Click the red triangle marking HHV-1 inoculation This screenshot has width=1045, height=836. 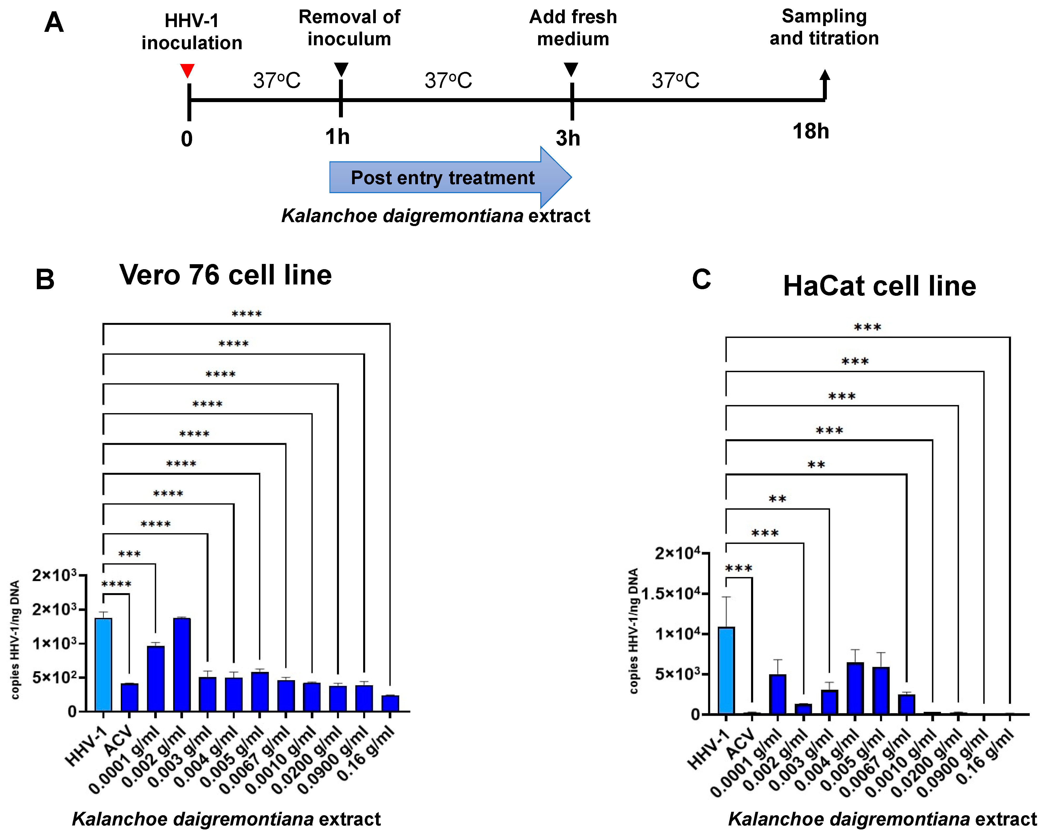pos(187,70)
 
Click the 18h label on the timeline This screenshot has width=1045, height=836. pos(811,131)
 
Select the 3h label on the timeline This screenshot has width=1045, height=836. pos(568,139)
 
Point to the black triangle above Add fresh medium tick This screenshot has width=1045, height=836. pos(571,69)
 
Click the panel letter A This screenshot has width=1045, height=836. pos(54,23)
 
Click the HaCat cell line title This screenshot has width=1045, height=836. pos(879,286)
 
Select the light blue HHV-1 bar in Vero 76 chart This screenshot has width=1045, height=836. pos(103,664)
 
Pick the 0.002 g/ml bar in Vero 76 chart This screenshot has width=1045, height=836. pos(182,664)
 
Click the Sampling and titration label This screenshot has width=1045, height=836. pos(824,27)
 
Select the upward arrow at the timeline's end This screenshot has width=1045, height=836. pos(824,82)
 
